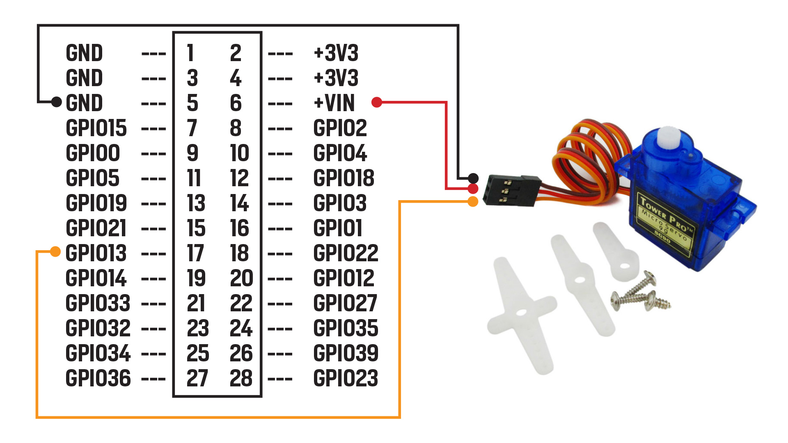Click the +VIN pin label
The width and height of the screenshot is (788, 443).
pos(334,103)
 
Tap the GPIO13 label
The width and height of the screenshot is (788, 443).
pos(96,253)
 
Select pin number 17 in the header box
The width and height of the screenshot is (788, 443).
pos(195,253)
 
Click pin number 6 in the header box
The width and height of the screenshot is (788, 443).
pos(236,103)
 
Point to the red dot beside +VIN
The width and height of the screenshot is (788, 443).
pos(377,102)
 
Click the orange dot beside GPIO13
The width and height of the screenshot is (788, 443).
pos(55,251)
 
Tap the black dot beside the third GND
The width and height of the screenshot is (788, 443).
pos(57,102)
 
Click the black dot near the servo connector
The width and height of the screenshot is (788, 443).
pos(473,178)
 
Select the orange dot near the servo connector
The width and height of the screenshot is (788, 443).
pos(473,201)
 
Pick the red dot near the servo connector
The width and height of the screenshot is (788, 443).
pos(473,189)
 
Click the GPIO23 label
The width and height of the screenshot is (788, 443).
pos(346,378)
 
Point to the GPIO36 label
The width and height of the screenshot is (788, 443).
pos(98,378)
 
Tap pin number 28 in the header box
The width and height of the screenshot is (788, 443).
pos(241,378)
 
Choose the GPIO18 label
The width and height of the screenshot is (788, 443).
pos(344,178)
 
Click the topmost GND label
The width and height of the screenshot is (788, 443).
pos(84,53)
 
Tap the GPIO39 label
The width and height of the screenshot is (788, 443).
pos(346,353)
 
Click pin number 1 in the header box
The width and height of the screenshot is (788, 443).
pos(190,53)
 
